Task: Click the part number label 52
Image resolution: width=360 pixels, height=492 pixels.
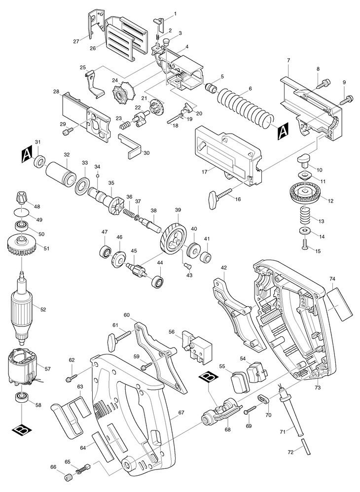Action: click(x=43, y=309)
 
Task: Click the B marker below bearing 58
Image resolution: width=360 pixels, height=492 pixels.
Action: click(x=22, y=429)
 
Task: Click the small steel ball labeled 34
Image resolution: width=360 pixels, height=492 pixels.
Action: click(x=98, y=176)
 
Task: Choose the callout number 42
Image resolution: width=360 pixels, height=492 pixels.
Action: click(x=224, y=268)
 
